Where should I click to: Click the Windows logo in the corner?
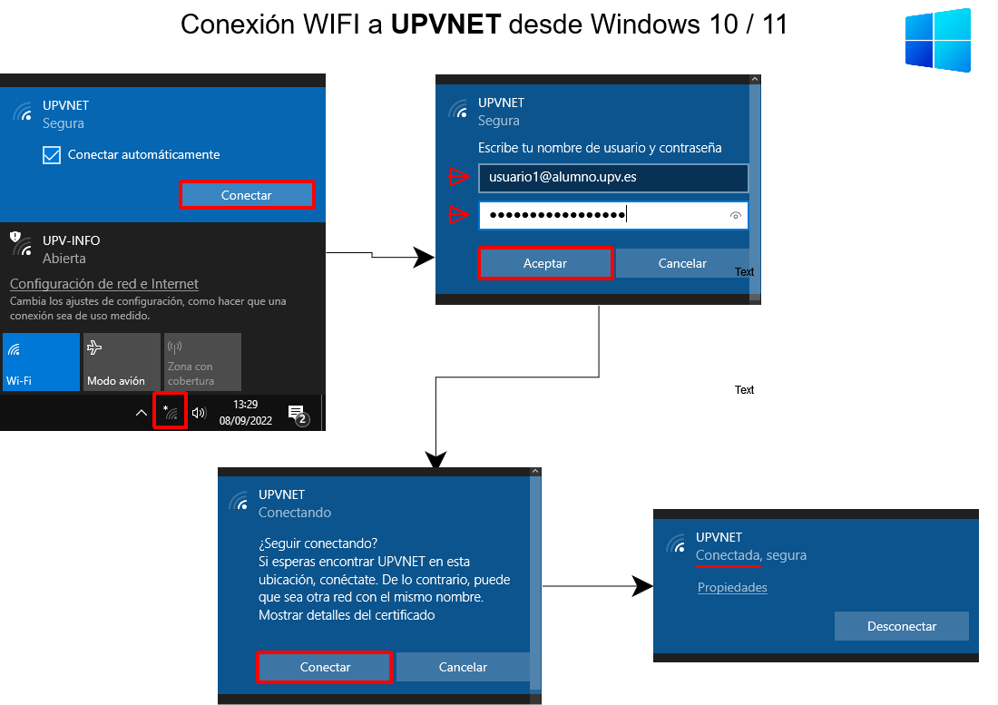(937, 41)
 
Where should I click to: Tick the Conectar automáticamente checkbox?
(52, 155)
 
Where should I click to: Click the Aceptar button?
(545, 263)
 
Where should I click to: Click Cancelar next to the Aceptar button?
(681, 263)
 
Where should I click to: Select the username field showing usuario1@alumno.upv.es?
(612, 178)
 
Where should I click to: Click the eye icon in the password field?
(736, 216)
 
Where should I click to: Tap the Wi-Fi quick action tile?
(41, 361)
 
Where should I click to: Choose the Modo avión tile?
(121, 361)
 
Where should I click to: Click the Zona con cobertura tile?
(202, 361)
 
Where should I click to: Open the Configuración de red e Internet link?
(104, 284)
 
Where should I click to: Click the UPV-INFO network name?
(72, 240)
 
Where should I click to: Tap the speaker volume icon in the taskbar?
(200, 413)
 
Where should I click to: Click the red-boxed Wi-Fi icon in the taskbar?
(170, 412)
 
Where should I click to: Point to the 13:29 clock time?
(245, 405)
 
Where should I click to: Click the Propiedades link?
(732, 587)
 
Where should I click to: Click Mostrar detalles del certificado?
(347, 615)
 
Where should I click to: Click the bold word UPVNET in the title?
(445, 24)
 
